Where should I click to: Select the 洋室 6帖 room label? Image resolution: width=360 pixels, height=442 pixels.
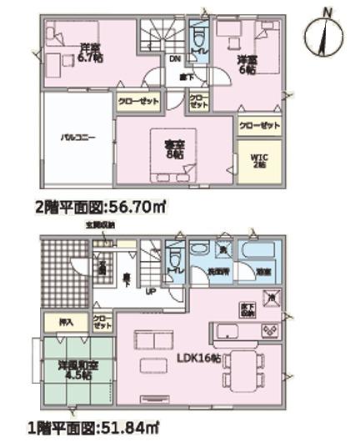click(x=247, y=64)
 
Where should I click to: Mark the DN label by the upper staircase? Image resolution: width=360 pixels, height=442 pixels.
click(x=176, y=59)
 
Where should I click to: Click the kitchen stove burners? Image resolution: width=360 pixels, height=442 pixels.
click(x=270, y=331)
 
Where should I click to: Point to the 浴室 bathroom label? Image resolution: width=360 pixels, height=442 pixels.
click(x=261, y=272)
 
